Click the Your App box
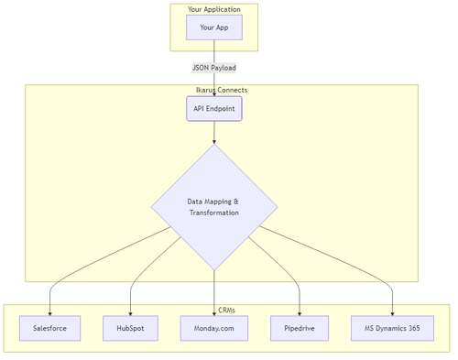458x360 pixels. (x=213, y=27)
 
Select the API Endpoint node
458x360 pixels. (x=213, y=109)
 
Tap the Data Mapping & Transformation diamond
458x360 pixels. (x=213, y=206)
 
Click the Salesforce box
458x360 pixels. (x=50, y=328)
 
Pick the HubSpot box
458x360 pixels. (x=129, y=328)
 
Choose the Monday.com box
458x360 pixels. (x=213, y=328)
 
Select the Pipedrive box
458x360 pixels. (x=300, y=328)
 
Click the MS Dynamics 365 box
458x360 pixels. (x=392, y=328)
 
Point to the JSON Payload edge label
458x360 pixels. (x=213, y=67)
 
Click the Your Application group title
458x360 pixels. (x=213, y=9)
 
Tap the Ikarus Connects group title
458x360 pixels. (x=213, y=90)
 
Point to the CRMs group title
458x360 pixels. (x=225, y=310)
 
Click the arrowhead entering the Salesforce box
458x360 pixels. (x=50, y=312)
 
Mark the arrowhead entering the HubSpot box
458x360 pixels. (x=129, y=312)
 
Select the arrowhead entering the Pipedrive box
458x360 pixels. (x=300, y=312)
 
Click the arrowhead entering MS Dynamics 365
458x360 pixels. (x=392, y=312)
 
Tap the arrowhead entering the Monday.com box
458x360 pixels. (x=213, y=312)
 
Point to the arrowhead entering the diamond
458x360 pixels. (x=213, y=141)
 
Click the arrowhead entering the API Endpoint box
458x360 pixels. (x=213, y=93)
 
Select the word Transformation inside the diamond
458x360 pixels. (x=213, y=213)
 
